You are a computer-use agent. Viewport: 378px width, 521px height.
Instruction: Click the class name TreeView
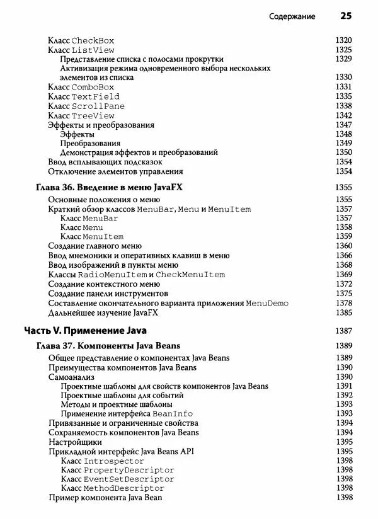(x=93, y=116)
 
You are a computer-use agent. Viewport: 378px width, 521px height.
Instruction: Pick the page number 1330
(x=343, y=77)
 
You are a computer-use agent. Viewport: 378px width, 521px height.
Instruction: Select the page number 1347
(x=343, y=125)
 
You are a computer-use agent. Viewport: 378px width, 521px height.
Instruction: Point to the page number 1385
(x=343, y=312)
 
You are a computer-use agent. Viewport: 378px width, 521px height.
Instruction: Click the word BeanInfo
(x=173, y=413)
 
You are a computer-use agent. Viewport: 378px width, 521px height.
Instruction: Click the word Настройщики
(x=75, y=442)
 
